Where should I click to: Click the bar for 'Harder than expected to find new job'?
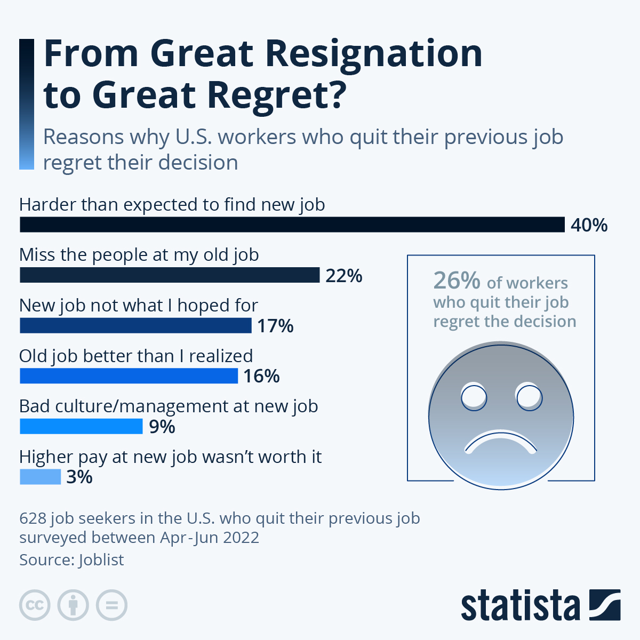(292, 225)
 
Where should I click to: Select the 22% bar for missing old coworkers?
(170, 275)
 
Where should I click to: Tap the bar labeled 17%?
(135, 325)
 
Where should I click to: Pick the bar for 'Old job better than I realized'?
(129, 376)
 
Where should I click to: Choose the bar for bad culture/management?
(81, 426)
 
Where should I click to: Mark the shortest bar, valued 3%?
(41, 476)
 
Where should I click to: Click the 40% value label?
(589, 225)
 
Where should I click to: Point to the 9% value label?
(162, 427)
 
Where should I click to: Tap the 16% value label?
(261, 376)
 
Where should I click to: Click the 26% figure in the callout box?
(457, 281)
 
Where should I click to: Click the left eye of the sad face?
(474, 397)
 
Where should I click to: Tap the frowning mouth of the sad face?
(501, 442)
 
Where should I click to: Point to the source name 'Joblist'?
(101, 560)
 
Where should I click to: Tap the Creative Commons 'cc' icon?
(35, 605)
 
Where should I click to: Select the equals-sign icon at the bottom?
(112, 605)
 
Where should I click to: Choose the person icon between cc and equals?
(73, 605)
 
